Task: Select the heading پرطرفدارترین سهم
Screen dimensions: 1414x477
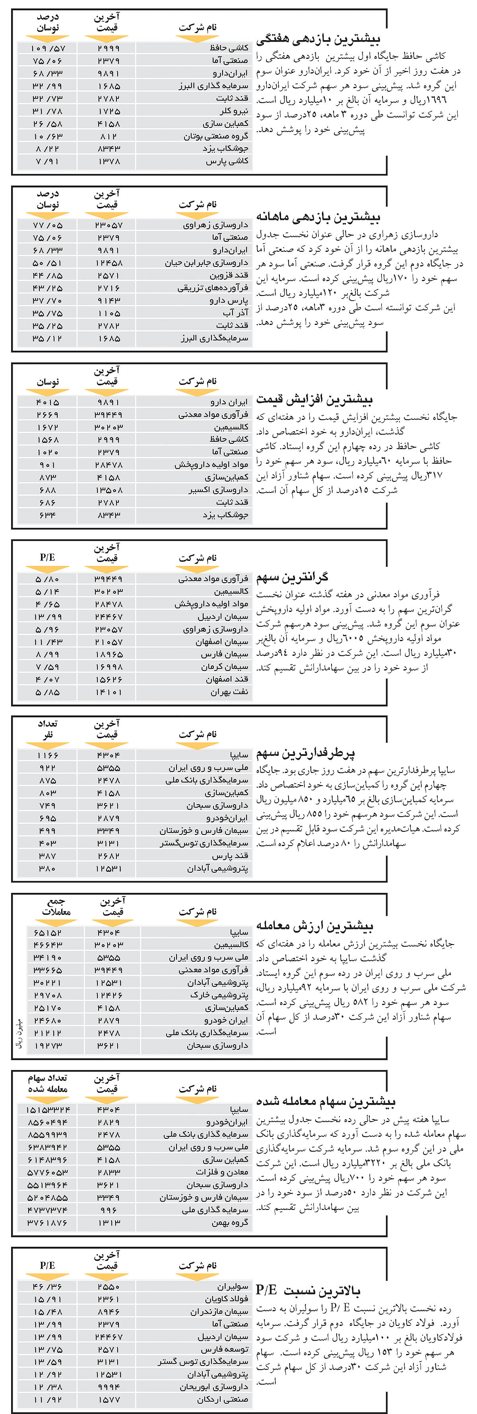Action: click(x=306, y=753)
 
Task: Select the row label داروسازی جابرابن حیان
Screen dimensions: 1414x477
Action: click(x=207, y=263)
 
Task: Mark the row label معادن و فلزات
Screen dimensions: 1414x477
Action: click(x=225, y=1173)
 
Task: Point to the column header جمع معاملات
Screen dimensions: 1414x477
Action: click(x=56, y=906)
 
